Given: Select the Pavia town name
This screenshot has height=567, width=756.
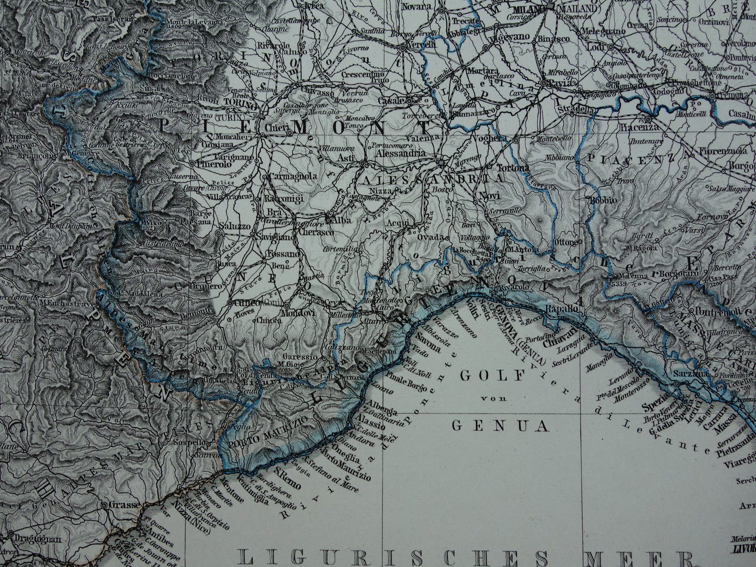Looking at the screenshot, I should click(561, 83).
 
